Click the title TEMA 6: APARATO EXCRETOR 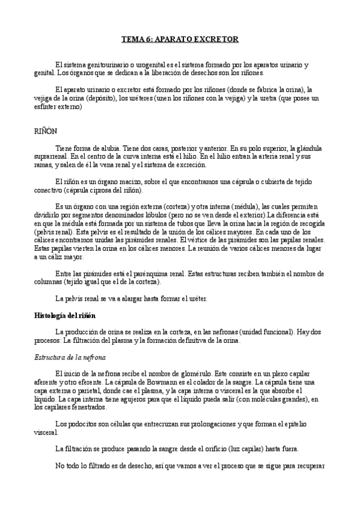coord(180,39)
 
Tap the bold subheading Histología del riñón coord(63,315)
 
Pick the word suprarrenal coord(50,156)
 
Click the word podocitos coord(84,423)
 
